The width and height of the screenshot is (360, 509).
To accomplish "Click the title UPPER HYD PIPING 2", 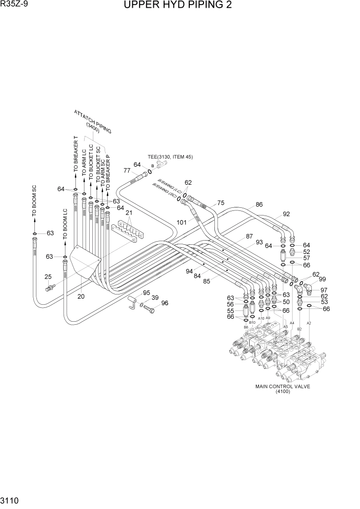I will [177, 6].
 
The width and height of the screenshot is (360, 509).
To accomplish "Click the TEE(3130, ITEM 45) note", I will [171, 157].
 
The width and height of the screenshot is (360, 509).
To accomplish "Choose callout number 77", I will [127, 170].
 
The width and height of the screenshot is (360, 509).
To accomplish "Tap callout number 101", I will [181, 222].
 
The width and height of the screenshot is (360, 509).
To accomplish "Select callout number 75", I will [221, 203].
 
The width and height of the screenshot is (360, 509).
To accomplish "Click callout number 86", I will [258, 205].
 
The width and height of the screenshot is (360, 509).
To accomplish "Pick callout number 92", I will [286, 214].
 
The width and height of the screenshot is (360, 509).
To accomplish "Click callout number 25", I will [48, 277].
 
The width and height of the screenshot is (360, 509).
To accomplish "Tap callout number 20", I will [81, 296].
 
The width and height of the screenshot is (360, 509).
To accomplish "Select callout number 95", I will [147, 293].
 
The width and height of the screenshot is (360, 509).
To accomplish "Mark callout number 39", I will [154, 298].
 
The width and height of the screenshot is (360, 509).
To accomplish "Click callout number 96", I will [165, 303].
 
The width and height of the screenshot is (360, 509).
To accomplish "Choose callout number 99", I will [322, 279].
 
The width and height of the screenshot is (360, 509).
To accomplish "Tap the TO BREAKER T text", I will [75, 153].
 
